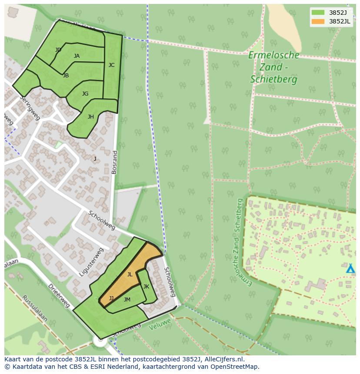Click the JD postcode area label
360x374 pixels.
(58, 50)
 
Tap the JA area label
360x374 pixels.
(77, 56)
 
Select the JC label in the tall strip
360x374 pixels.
(111, 65)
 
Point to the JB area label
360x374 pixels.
(66, 76)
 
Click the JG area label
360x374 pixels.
(85, 94)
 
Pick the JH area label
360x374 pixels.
(90, 117)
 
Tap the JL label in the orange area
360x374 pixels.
(130, 275)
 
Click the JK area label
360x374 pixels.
(146, 287)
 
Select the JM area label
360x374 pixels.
(127, 300)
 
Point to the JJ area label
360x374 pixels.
(111, 298)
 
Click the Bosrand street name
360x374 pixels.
(114, 162)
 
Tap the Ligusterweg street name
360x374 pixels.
(91, 262)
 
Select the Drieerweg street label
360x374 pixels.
(59, 296)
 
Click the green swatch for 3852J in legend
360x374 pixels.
(318, 13)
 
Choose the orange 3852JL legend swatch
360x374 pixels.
(318, 21)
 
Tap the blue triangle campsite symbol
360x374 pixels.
(350, 268)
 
